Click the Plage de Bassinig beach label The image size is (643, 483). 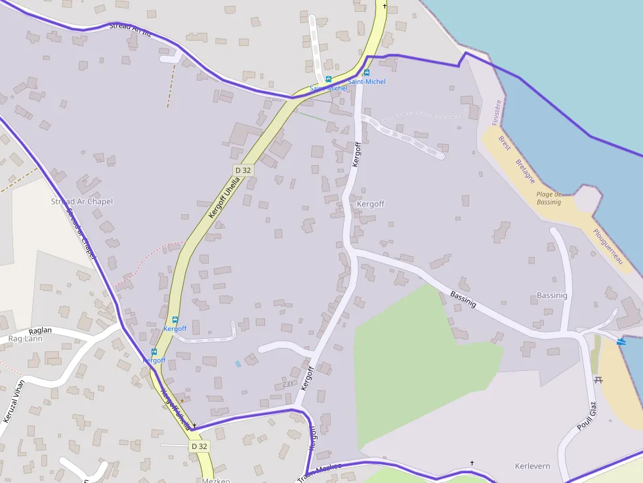click(x=549, y=198)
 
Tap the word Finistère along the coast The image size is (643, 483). click(x=497, y=112)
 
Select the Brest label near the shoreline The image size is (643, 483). click(x=505, y=143)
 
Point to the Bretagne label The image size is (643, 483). click(x=525, y=171)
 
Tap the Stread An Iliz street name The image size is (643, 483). click(x=130, y=29)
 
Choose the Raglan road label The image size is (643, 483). click(x=40, y=332)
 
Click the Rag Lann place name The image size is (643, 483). click(x=25, y=339)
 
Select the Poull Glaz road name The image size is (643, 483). click(x=586, y=418)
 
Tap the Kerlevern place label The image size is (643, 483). click(x=532, y=466)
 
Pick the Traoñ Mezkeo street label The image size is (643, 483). click(x=320, y=471)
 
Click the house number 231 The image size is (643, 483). click(x=287, y=384)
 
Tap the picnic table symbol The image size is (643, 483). click(x=598, y=379)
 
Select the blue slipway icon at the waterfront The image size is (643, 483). click(x=621, y=341)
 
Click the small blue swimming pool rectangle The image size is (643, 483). click(x=238, y=363)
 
